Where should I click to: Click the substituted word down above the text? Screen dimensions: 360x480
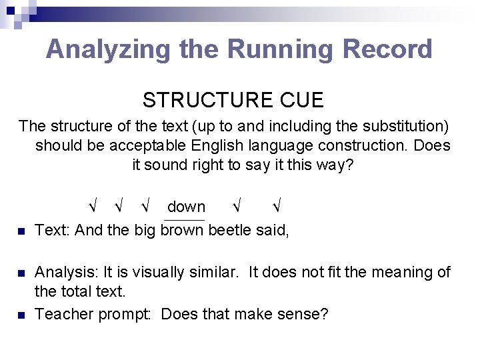(186, 207)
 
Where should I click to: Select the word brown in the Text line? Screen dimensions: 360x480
(183, 230)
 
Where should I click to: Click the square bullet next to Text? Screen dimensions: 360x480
(21, 231)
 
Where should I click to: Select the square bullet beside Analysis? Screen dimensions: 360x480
(21, 273)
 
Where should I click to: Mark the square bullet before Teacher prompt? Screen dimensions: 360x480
(21, 315)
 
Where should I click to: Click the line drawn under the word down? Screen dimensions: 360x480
(184, 219)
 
